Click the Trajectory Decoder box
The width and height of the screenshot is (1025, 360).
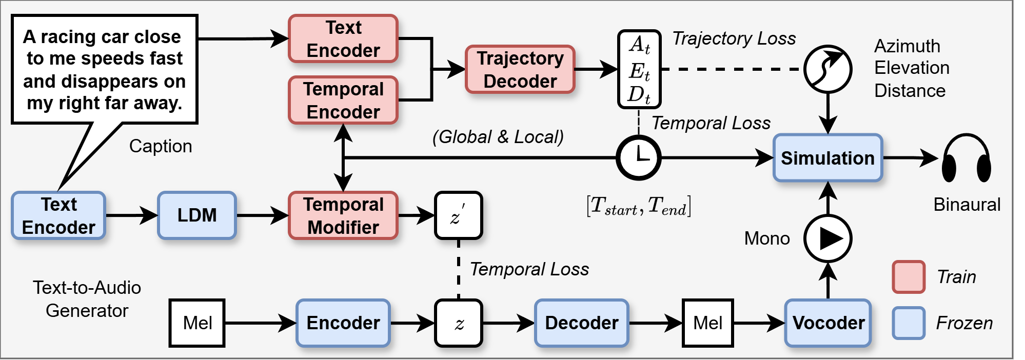click(520, 69)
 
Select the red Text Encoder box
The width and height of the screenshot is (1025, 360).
click(343, 38)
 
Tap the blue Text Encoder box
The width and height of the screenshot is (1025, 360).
click(58, 215)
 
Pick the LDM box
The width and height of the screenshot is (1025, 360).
click(197, 215)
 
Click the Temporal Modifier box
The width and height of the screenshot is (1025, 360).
click(343, 215)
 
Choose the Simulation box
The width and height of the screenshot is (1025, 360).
click(827, 158)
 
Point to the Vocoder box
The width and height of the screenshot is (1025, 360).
click(828, 323)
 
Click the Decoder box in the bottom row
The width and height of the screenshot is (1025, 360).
click(581, 323)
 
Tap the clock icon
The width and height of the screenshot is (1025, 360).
click(639, 157)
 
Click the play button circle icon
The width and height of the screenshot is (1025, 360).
click(828, 238)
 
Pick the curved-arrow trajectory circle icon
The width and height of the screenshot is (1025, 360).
click(828, 69)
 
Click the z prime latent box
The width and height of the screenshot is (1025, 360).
click(458, 215)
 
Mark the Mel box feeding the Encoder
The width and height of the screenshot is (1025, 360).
click(198, 323)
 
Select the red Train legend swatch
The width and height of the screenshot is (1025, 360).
click(909, 277)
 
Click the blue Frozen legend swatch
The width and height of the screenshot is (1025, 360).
click(909, 323)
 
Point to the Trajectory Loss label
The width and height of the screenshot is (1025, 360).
click(734, 38)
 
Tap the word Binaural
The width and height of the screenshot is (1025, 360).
click(967, 205)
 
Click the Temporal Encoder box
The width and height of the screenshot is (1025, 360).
click(343, 100)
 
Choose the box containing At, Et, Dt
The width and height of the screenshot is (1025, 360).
click(639, 69)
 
